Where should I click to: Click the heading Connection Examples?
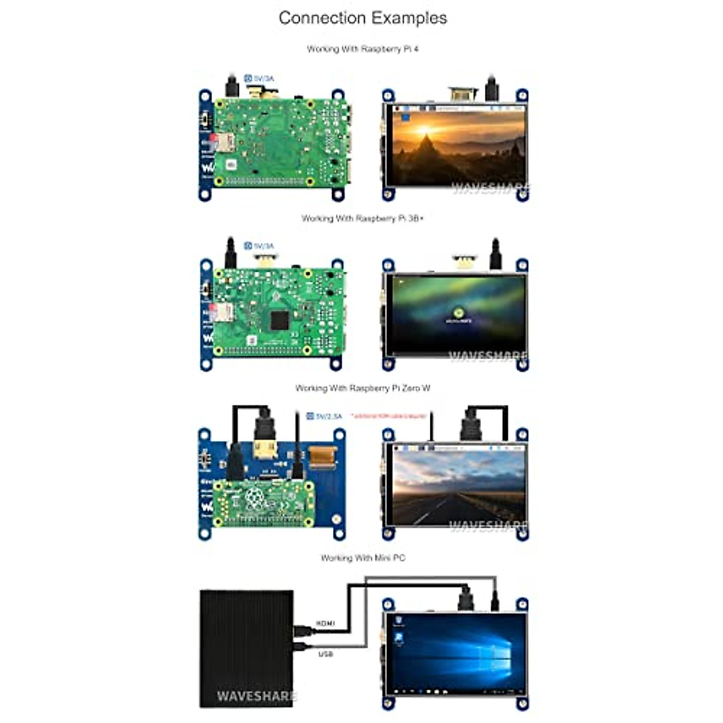click(363, 18)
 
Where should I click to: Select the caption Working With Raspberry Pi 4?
click(363, 49)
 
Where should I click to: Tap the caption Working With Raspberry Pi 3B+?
click(363, 219)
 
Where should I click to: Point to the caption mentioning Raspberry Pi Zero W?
click(363, 389)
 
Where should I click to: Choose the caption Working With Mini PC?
click(363, 559)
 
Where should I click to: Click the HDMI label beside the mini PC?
click(325, 623)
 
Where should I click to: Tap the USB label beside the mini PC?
click(325, 654)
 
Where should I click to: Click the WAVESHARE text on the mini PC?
click(256, 696)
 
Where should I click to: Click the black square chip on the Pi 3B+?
click(279, 321)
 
